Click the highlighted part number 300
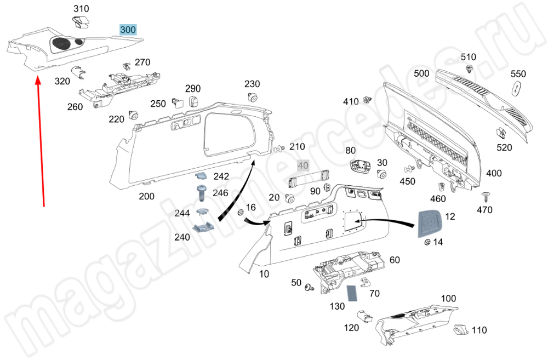[129, 30]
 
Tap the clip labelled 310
[81, 22]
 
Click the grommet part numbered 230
[253, 99]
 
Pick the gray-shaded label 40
[303, 165]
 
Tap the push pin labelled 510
[469, 68]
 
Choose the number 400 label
[494, 173]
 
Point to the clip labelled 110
[460, 330]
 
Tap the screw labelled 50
[310, 287]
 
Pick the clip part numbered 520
[501, 133]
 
